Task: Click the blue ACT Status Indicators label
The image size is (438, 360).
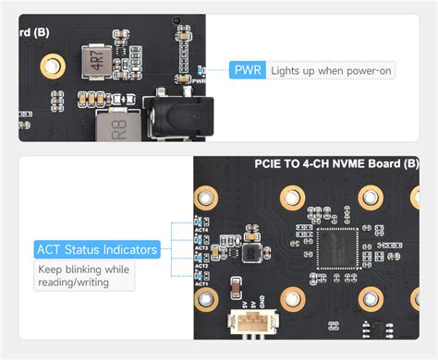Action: [96, 249]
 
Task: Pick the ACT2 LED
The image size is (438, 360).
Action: [197, 258]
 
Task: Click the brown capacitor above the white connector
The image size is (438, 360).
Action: [238, 284]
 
